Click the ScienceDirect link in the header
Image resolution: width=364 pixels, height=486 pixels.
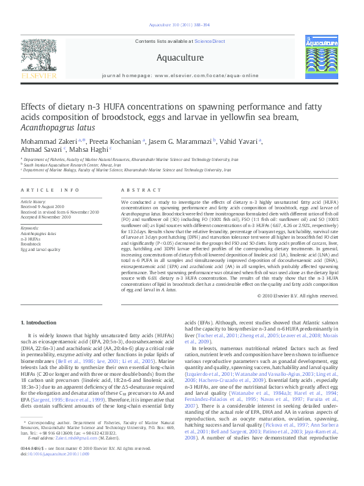click(x=210, y=42)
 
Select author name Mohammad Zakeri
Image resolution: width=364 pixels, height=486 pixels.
click(x=42, y=141)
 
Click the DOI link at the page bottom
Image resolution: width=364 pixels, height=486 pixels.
click(x=55, y=471)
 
